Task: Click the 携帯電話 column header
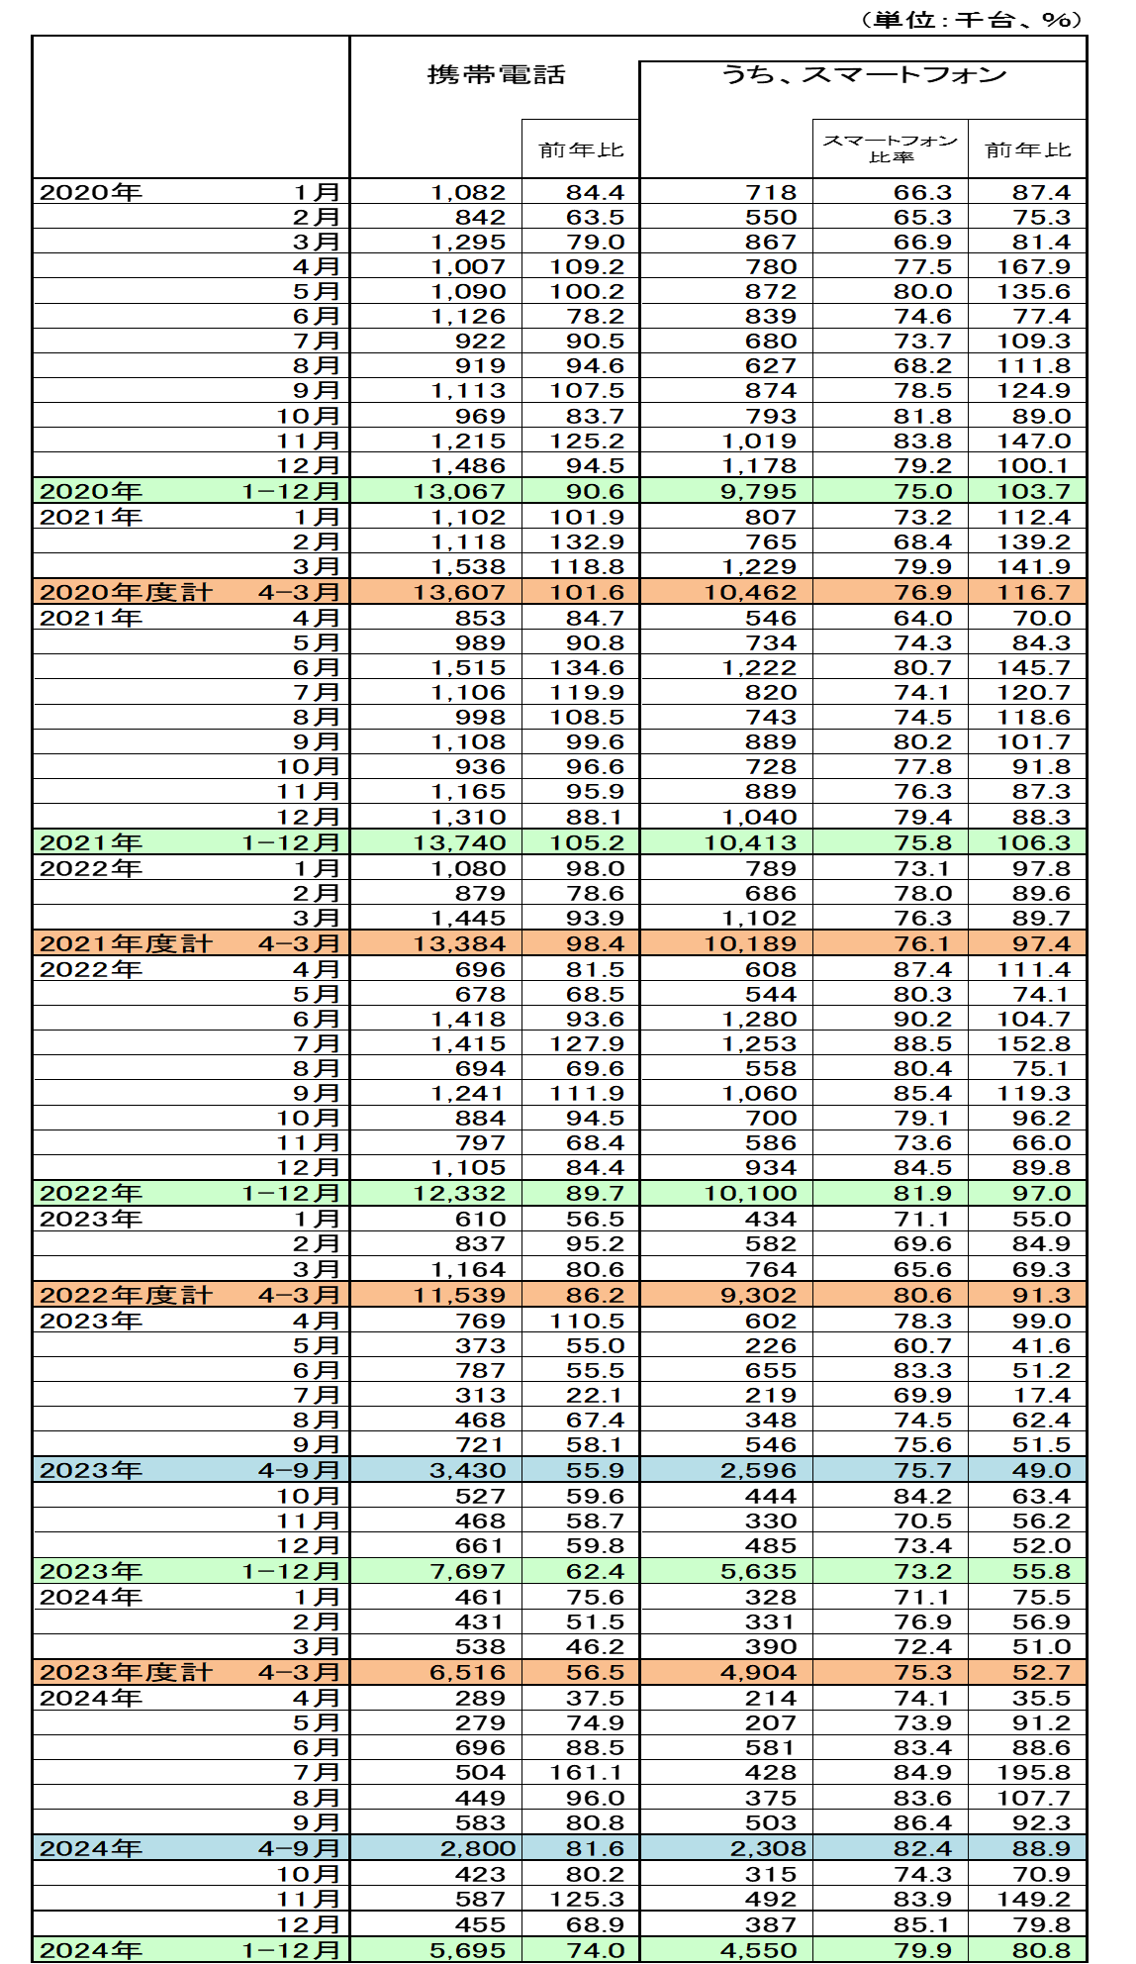tap(496, 75)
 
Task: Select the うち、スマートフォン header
tap(863, 75)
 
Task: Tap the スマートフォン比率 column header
tap(890, 148)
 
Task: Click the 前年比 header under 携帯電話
tap(581, 149)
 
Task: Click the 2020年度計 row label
tap(126, 592)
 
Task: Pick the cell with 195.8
tap(1033, 1772)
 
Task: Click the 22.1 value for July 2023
tap(595, 1395)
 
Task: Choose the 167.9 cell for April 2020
tap(1033, 266)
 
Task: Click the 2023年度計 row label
tap(126, 1672)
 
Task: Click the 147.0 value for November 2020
tap(1033, 441)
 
